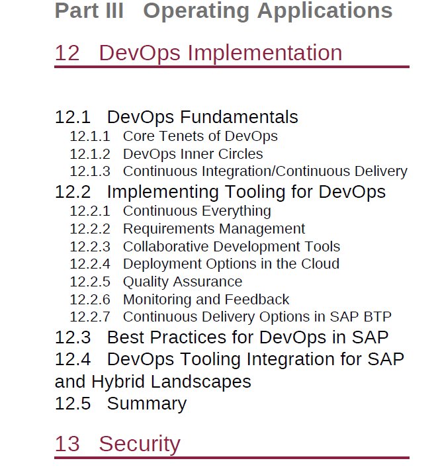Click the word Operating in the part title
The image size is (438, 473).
pos(196,11)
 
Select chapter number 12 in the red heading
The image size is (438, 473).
pos(67,53)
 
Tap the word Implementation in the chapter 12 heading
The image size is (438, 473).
pos(265,54)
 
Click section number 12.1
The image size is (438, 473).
pos(73,117)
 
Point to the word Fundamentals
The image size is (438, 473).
pos(239,117)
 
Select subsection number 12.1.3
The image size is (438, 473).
pos(90,171)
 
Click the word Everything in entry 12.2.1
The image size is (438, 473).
pos(236,211)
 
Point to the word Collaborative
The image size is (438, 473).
pos(165,247)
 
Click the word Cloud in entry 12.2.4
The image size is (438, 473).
pos(320,264)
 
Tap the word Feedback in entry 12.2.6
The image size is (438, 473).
pos(257,300)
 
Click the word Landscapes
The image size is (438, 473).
pos(201,382)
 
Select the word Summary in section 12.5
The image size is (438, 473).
pos(147,404)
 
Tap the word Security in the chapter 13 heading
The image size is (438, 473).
pos(140,445)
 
